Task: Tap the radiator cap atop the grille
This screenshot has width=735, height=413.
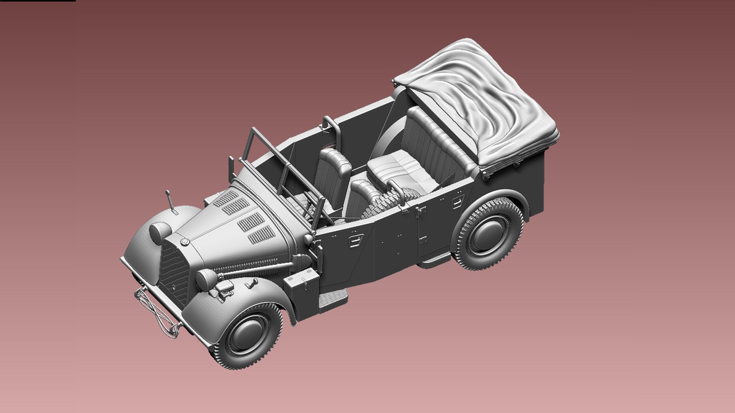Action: [x=185, y=242]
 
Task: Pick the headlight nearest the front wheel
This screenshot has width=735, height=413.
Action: [x=206, y=279]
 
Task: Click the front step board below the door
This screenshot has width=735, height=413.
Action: [x=333, y=298]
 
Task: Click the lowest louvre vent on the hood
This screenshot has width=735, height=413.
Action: [x=262, y=234]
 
